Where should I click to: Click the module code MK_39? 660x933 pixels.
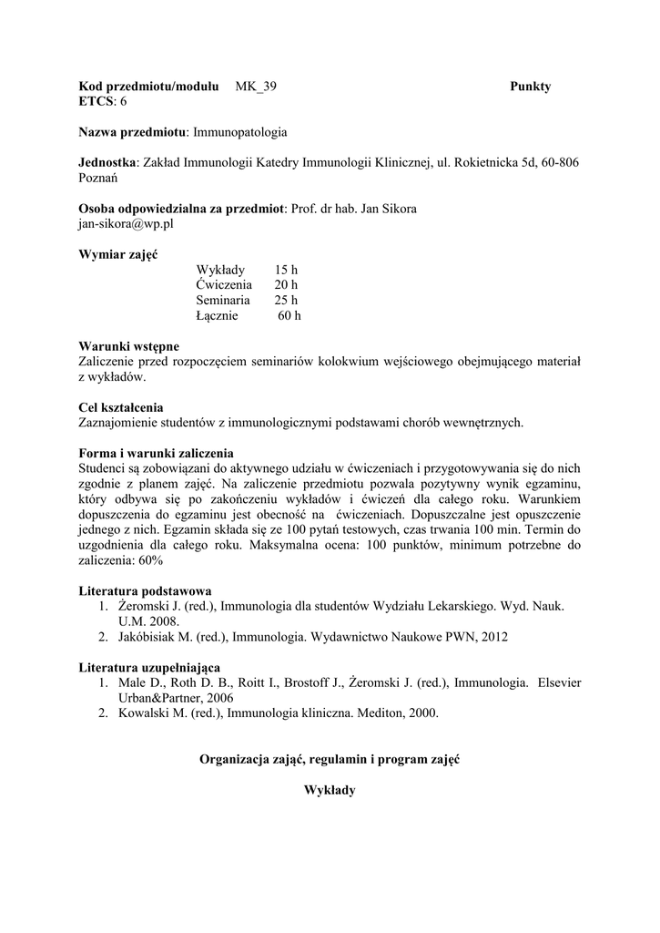click(256, 87)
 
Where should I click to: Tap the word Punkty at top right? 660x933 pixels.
click(530, 87)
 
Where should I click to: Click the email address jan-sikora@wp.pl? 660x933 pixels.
click(126, 223)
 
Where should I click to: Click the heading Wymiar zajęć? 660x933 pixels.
click(118, 254)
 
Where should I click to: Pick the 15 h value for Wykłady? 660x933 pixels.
click(286, 270)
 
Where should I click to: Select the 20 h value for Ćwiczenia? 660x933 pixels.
click(287, 285)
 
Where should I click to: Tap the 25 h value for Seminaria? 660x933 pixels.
click(287, 301)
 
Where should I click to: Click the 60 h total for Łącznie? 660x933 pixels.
click(289, 316)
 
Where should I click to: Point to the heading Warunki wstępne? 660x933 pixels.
click(128, 346)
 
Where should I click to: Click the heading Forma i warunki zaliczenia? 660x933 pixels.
click(157, 453)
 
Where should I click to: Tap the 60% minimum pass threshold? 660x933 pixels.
click(149, 561)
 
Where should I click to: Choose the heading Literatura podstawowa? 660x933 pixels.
click(146, 591)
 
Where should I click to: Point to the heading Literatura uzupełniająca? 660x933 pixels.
click(149, 667)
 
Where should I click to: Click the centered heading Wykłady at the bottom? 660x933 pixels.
click(330, 791)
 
